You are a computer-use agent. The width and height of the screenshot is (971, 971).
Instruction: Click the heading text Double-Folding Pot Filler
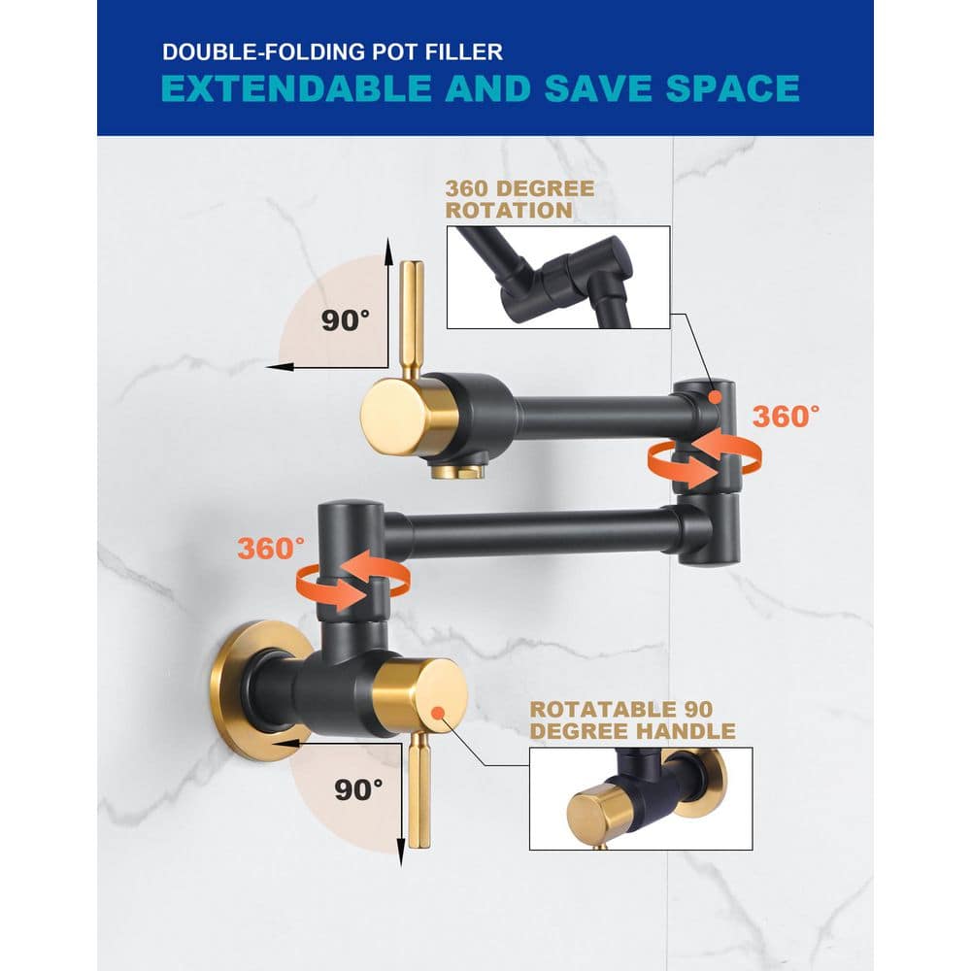tap(332, 52)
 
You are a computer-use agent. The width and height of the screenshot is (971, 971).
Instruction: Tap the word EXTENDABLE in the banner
tap(296, 88)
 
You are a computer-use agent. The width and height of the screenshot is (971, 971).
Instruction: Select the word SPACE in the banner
tap(732, 88)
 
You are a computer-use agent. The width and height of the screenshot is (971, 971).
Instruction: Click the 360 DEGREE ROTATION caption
tap(519, 199)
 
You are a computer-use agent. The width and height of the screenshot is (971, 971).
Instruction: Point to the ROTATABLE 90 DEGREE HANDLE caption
tap(632, 720)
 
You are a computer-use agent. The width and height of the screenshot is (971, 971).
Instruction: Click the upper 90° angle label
tap(345, 320)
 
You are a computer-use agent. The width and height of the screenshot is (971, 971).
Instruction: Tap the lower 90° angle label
tap(358, 789)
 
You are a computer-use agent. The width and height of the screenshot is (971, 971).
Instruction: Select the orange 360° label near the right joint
tap(786, 417)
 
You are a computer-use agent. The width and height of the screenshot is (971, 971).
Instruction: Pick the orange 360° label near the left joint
tap(271, 548)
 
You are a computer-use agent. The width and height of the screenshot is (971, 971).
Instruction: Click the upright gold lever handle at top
tap(411, 319)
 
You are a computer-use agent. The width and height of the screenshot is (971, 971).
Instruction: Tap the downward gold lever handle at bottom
tap(419, 789)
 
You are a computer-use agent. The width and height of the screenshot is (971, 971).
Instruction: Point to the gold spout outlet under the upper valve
tap(457, 471)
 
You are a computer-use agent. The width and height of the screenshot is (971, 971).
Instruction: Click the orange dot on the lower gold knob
tap(438, 713)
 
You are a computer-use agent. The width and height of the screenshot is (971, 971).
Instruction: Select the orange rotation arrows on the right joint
tap(704, 458)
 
